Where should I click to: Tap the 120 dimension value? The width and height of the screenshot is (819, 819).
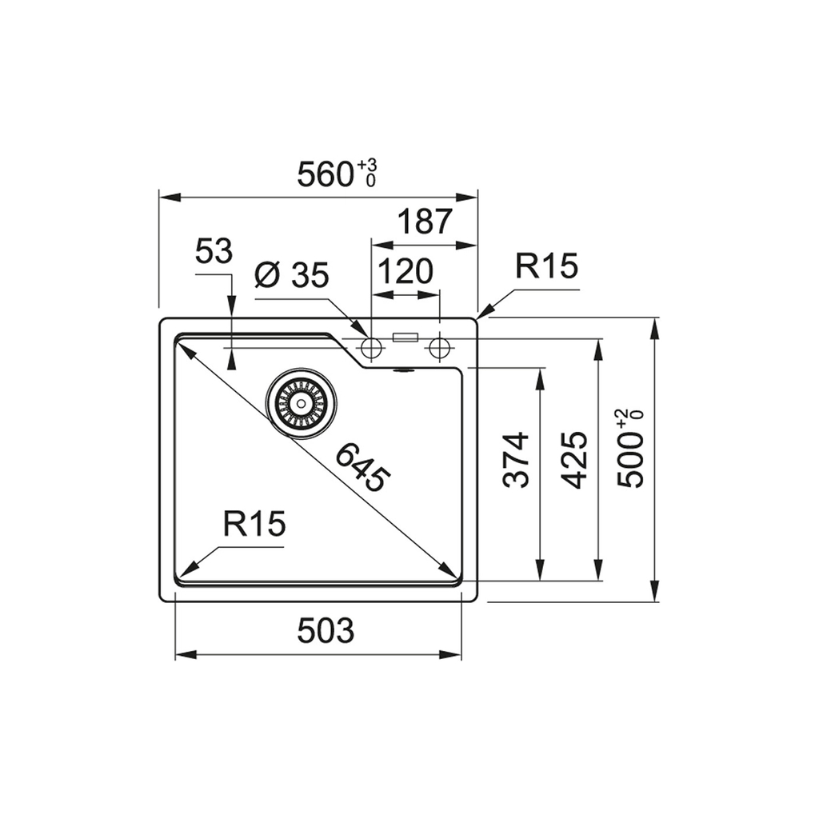406,270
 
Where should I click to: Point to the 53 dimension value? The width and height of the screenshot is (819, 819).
213,251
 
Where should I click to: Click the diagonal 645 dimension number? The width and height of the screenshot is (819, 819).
362,466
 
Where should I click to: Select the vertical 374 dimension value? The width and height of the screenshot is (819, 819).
516,460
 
